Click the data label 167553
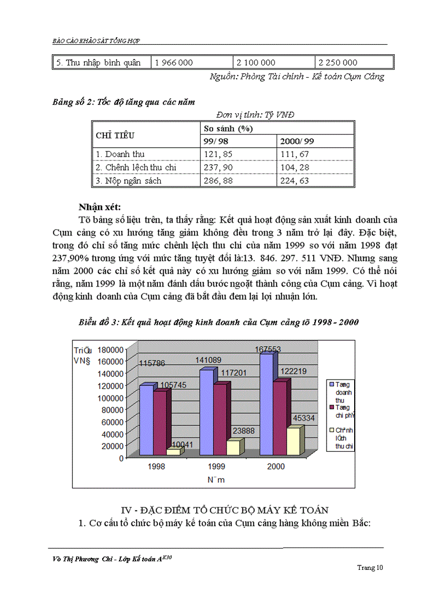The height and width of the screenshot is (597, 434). click(x=268, y=349)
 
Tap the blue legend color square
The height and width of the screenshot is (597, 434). click(x=331, y=383)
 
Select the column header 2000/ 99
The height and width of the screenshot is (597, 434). click(x=295, y=141)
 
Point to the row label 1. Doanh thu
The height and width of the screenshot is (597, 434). click(x=120, y=154)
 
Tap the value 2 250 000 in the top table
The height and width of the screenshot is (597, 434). click(x=338, y=63)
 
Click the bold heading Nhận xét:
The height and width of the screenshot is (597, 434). click(x=99, y=206)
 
